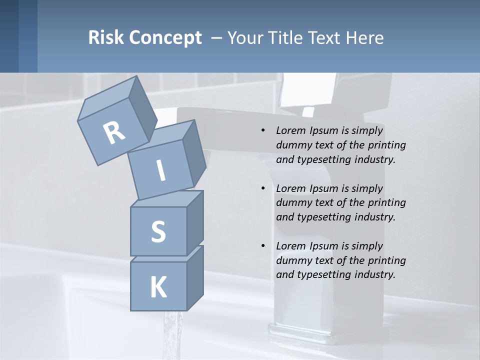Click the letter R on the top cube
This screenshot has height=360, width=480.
coord(114,133)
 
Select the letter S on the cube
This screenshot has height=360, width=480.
coord(158,231)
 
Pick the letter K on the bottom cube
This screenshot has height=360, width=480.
coord(158,287)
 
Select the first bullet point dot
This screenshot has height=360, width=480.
coord(263,131)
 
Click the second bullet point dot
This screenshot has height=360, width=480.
coord(263,189)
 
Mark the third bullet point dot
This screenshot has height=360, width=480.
coord(263,246)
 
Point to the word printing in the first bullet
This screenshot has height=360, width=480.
coord(386,145)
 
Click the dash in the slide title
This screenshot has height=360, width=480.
coord(216,38)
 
